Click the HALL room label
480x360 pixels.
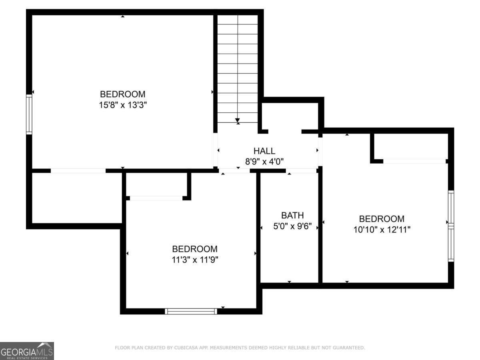click(264, 151)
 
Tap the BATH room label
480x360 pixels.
click(292, 216)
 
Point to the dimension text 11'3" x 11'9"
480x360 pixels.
click(195, 260)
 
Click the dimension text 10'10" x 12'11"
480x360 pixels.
click(381, 230)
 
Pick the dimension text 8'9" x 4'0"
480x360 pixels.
click(264, 162)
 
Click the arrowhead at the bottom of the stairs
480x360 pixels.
click(238, 120)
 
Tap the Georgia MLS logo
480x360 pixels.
click(27, 351)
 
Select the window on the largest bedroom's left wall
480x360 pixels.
click(29, 114)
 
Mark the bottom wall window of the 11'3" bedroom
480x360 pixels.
click(191, 311)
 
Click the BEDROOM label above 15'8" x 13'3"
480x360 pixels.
click(122, 94)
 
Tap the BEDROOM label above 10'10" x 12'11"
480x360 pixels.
click(381, 219)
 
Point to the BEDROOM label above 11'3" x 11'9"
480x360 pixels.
click(195, 249)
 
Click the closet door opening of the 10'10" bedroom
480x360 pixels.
click(414, 161)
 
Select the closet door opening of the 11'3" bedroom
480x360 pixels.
click(156, 198)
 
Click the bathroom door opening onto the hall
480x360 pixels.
click(301, 171)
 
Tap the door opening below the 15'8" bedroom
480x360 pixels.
click(78, 171)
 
